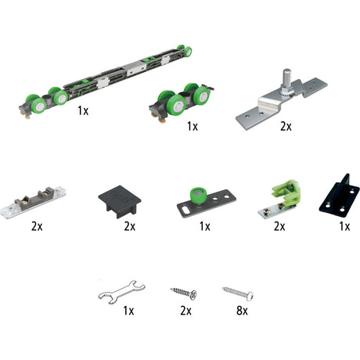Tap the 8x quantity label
[242, 311]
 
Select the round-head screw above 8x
[237, 293]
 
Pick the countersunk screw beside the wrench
[183, 293]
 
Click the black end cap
[120, 201]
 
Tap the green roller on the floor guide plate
[199, 196]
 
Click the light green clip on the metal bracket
[286, 193]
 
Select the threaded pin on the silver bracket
[286, 79]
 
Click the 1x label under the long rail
[83, 110]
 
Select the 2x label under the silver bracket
[286, 127]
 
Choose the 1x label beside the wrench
[128, 311]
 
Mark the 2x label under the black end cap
[130, 226]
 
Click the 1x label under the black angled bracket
[344, 226]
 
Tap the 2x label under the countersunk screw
[185, 311]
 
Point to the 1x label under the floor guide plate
[205, 226]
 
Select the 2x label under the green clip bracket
[279, 226]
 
